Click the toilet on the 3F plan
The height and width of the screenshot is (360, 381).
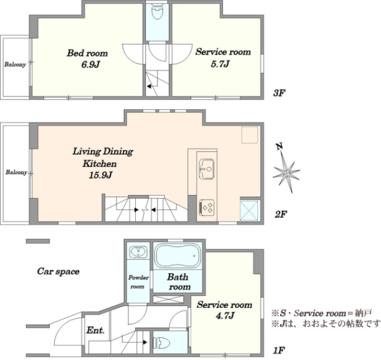tap(157, 11)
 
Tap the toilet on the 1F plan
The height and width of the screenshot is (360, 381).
tap(161, 343)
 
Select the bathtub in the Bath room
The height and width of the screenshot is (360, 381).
tap(178, 256)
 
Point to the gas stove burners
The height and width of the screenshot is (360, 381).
tap(207, 207)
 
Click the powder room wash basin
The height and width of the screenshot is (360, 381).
tap(138, 251)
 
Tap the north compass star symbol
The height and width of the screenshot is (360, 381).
tap(286, 171)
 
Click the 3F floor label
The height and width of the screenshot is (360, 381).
tap(279, 93)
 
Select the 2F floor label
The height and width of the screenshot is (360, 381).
tap(281, 214)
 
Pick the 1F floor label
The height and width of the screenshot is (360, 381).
tap(279, 350)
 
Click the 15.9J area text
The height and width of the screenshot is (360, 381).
tap(100, 175)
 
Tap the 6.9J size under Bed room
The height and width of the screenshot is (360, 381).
tap(91, 65)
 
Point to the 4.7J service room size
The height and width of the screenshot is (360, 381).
tap(225, 316)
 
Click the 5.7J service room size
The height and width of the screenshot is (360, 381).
tap(220, 64)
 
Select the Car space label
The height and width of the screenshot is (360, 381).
tap(58, 271)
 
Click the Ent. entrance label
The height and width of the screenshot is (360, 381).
tap(95, 330)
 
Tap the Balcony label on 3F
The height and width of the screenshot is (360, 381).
tap(15, 64)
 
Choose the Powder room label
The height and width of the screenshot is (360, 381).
tap(138, 282)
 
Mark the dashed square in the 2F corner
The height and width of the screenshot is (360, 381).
tap(250, 135)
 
